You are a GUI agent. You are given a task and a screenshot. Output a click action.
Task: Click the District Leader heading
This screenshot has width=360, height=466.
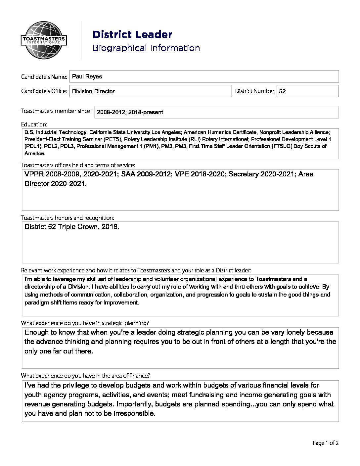point(132,34)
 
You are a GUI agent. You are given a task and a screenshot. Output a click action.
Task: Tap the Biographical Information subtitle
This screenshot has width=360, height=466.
point(146,48)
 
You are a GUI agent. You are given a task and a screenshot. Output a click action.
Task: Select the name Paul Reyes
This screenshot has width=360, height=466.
point(87,76)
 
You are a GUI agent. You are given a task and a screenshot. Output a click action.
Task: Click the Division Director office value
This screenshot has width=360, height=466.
point(93,91)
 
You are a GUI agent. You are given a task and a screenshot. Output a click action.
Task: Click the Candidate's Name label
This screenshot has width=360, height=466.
point(44,77)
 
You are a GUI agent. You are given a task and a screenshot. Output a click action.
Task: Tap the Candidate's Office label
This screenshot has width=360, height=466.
point(44,91)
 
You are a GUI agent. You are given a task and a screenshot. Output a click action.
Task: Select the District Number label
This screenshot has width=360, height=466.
point(255,91)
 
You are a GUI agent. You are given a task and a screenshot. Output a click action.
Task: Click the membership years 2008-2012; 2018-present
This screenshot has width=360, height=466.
point(130,112)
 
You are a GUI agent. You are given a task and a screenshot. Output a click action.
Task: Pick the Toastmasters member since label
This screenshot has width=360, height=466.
point(56,111)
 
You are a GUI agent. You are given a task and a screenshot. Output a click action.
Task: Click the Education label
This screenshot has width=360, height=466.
point(34,124)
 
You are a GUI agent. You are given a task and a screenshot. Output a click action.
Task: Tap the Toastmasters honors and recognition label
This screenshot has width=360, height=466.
point(67,218)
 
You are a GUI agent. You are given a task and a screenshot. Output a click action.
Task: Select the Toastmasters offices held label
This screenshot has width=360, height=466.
point(78,165)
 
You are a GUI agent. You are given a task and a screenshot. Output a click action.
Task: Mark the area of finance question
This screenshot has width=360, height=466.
point(85,376)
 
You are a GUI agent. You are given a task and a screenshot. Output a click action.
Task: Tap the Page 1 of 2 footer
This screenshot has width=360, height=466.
point(326,443)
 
